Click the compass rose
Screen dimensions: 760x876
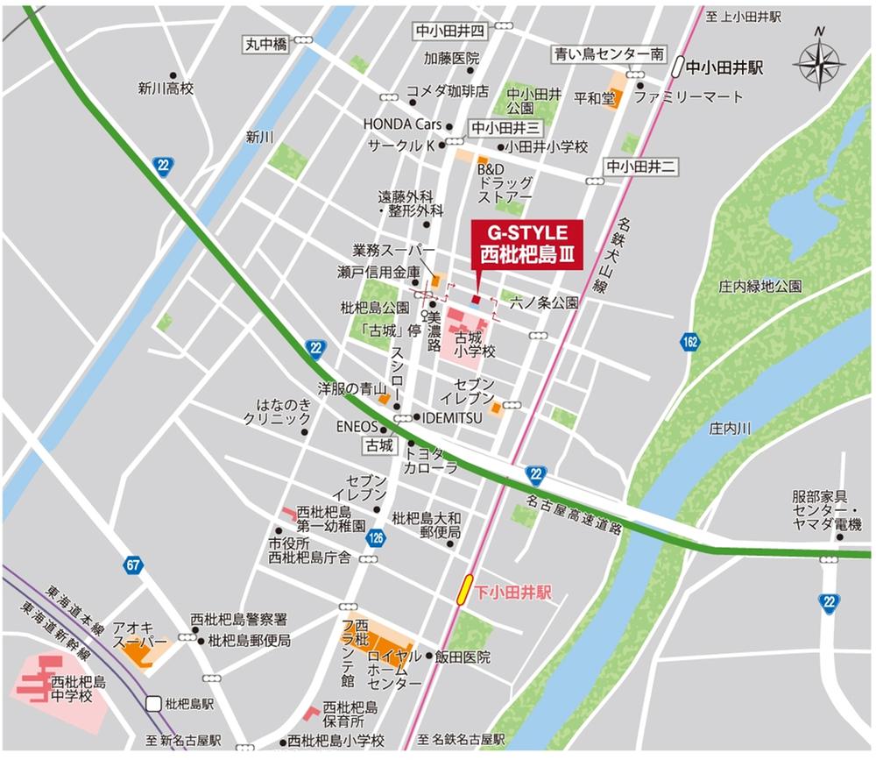(x=818, y=64)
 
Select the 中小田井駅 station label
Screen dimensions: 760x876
(x=725, y=66)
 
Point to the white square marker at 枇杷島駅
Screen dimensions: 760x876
(x=154, y=703)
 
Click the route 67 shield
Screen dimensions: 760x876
(x=133, y=565)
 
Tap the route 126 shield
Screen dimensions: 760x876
(x=376, y=537)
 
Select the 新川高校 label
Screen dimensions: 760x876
(x=165, y=89)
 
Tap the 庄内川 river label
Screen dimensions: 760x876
(x=731, y=427)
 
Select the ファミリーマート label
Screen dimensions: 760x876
(x=688, y=97)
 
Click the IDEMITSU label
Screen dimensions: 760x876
(x=452, y=418)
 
